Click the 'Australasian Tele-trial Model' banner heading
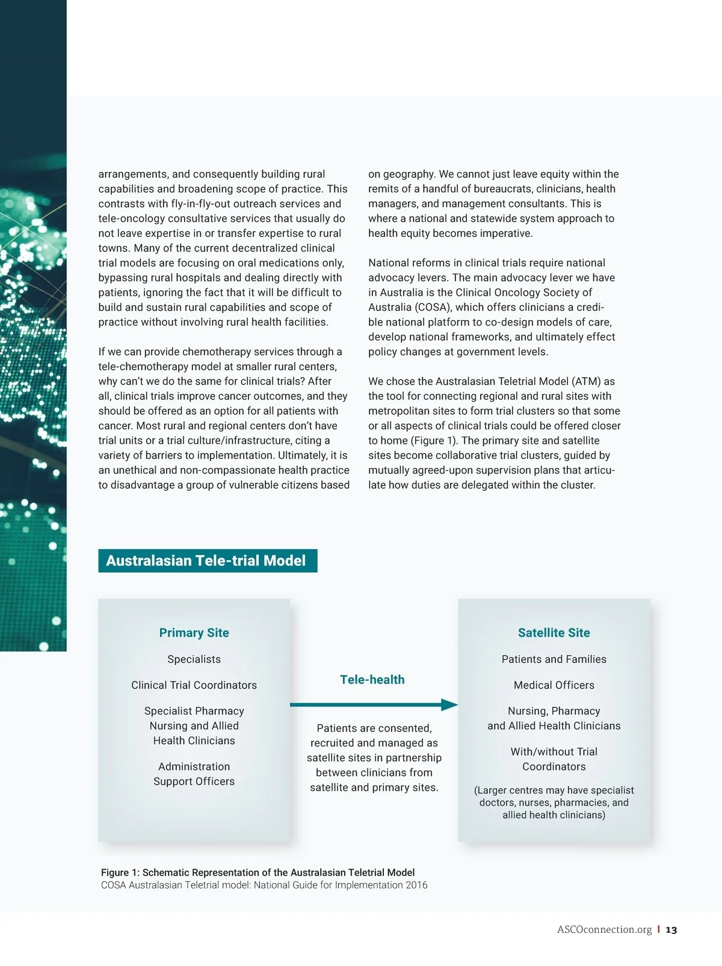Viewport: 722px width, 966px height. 206,561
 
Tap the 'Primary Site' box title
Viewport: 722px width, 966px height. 194,633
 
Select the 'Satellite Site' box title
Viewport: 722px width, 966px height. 554,633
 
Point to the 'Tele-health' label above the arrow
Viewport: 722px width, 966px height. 372,680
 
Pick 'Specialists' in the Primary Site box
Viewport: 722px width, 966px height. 194,659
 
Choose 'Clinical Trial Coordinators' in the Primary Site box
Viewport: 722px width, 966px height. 194,685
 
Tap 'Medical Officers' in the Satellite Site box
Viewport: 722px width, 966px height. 554,685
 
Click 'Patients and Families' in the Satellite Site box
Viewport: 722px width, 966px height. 554,659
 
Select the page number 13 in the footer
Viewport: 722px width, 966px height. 671,930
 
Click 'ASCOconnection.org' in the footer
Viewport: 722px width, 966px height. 604,930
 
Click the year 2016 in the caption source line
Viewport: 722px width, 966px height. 416,885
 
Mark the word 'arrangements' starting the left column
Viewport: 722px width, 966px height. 133,174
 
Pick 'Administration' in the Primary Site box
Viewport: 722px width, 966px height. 194,766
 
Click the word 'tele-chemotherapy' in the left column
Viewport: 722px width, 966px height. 141,367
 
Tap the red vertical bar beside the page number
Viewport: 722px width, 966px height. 658,930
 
